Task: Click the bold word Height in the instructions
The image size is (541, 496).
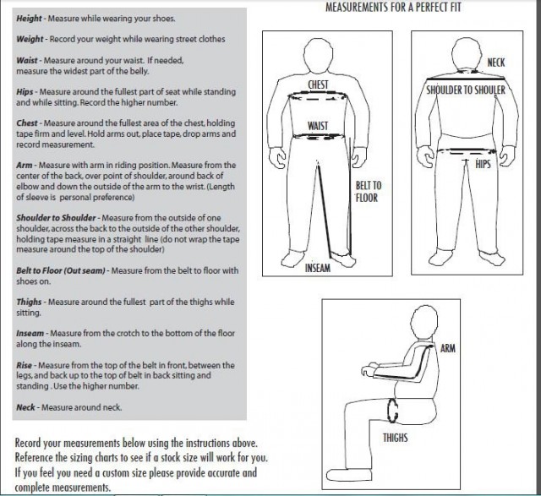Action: pos(30,19)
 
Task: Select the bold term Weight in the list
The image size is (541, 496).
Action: pos(30,40)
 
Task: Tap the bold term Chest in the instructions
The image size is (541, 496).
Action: pos(28,123)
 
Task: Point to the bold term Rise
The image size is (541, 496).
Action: pos(25,366)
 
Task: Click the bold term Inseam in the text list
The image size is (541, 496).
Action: pos(30,333)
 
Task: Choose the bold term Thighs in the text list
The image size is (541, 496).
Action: pos(30,301)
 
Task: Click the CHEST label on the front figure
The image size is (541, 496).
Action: pos(318,84)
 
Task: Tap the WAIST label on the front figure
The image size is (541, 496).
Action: pos(317,126)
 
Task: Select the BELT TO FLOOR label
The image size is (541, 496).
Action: pos(367,192)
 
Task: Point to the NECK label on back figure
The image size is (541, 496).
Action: pos(496,63)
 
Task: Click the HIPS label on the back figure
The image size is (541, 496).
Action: pos(483,163)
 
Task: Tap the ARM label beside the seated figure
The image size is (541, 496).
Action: pos(448,347)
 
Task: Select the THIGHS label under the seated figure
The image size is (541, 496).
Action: pos(396,437)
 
